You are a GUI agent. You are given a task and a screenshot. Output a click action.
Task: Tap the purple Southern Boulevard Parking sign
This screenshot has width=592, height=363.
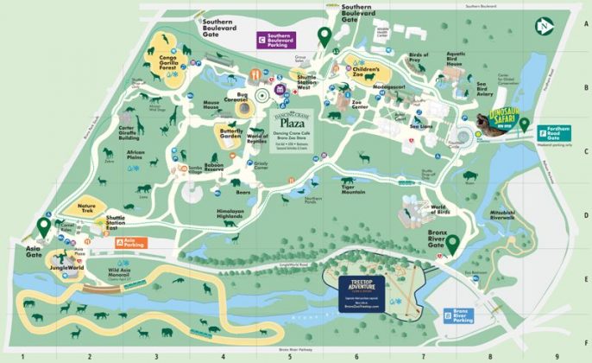click(x=289, y=38)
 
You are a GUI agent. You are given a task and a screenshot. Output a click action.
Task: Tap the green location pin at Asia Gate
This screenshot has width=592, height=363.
click(x=44, y=228)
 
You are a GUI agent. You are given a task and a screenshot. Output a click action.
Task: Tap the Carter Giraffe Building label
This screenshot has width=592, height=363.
click(x=129, y=131)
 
